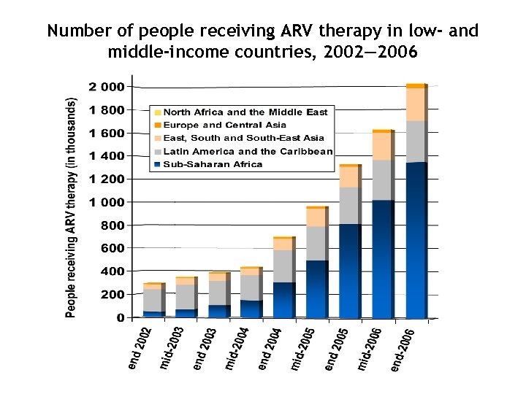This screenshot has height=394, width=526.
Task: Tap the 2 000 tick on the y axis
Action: [x=107, y=87]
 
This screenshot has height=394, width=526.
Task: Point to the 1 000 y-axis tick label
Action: [x=107, y=202]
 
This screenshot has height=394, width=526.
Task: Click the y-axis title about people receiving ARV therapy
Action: [x=71, y=208]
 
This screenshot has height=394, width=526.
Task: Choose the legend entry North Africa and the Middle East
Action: [x=245, y=112]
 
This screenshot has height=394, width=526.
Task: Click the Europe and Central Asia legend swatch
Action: [x=157, y=125]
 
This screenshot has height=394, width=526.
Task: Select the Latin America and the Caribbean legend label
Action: [x=248, y=152]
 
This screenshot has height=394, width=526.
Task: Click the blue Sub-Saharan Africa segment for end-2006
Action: [x=415, y=241]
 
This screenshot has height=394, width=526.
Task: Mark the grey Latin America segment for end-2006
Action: [x=415, y=142]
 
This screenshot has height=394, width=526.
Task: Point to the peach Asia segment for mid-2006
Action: [x=381, y=146]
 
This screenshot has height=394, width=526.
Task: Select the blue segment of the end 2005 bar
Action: [x=348, y=271]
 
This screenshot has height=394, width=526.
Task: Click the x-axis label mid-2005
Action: [x=303, y=349]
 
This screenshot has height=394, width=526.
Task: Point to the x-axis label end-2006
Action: [x=403, y=349]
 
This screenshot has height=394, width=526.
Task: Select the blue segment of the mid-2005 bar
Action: [x=316, y=290]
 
